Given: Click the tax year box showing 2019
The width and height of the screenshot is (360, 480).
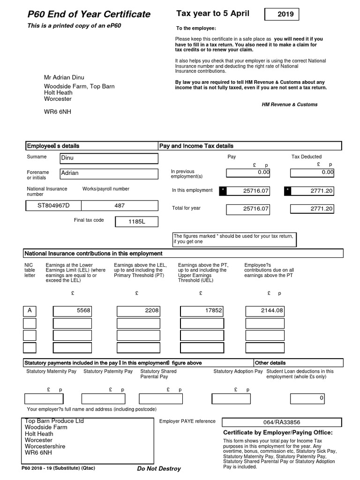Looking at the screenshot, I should tap(281, 15).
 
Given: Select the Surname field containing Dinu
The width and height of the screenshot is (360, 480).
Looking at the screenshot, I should tap(109, 158).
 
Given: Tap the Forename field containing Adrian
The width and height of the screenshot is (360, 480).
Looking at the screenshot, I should tap(109, 173).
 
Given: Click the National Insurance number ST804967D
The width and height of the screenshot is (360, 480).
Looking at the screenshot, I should tap(53, 206).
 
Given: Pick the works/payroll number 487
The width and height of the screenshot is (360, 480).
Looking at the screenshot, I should tap(120, 206).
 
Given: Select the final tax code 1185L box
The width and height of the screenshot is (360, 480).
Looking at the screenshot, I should tap(137, 222).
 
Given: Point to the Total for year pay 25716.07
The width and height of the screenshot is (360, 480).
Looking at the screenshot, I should tap(248, 209).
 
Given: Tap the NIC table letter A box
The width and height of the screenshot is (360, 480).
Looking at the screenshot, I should tap(30, 311).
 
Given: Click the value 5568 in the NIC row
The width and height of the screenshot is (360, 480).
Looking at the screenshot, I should tap(72, 311).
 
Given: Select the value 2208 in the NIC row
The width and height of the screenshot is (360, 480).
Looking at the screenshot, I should tap(138, 311).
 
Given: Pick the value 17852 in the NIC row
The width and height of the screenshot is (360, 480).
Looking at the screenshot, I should tap(202, 311).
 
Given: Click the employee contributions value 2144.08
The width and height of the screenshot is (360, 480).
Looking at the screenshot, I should tap(265, 311).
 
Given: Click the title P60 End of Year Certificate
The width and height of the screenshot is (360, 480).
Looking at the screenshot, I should tap(89, 15).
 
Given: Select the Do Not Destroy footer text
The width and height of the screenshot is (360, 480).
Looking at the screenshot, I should tap(158, 469).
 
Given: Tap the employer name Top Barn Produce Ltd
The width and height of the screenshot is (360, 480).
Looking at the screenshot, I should tap(54, 421).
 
